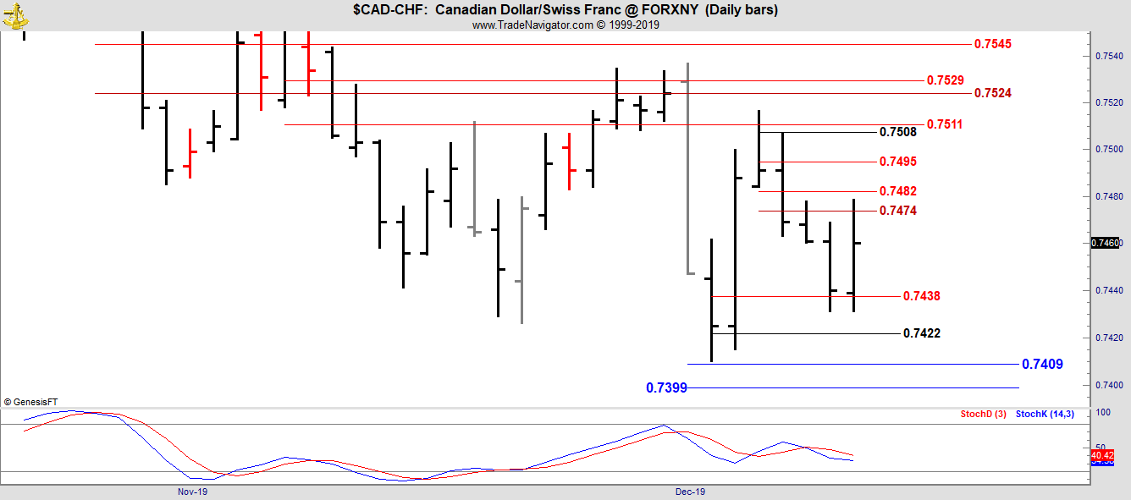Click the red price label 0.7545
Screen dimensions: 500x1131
pos(992,44)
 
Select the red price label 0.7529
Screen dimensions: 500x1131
pos(945,80)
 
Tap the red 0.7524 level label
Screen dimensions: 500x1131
pos(992,93)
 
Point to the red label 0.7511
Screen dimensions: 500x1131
pos(945,124)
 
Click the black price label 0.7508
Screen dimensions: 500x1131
pos(897,132)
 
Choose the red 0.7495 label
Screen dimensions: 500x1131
pos(897,162)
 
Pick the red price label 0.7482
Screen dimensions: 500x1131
pos(897,192)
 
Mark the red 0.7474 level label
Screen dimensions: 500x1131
pos(897,211)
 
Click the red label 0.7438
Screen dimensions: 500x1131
pos(921,296)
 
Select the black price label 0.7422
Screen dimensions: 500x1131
pos(921,333)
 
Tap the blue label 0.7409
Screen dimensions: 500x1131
pos(1042,365)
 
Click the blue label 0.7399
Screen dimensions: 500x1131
pos(666,388)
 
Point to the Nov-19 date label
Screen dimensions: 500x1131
pos(192,492)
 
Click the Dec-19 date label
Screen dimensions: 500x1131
pos(690,492)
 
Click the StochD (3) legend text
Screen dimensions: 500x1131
pos(983,414)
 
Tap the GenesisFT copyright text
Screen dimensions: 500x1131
pos(30,403)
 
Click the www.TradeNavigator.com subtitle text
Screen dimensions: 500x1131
pos(565,25)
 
